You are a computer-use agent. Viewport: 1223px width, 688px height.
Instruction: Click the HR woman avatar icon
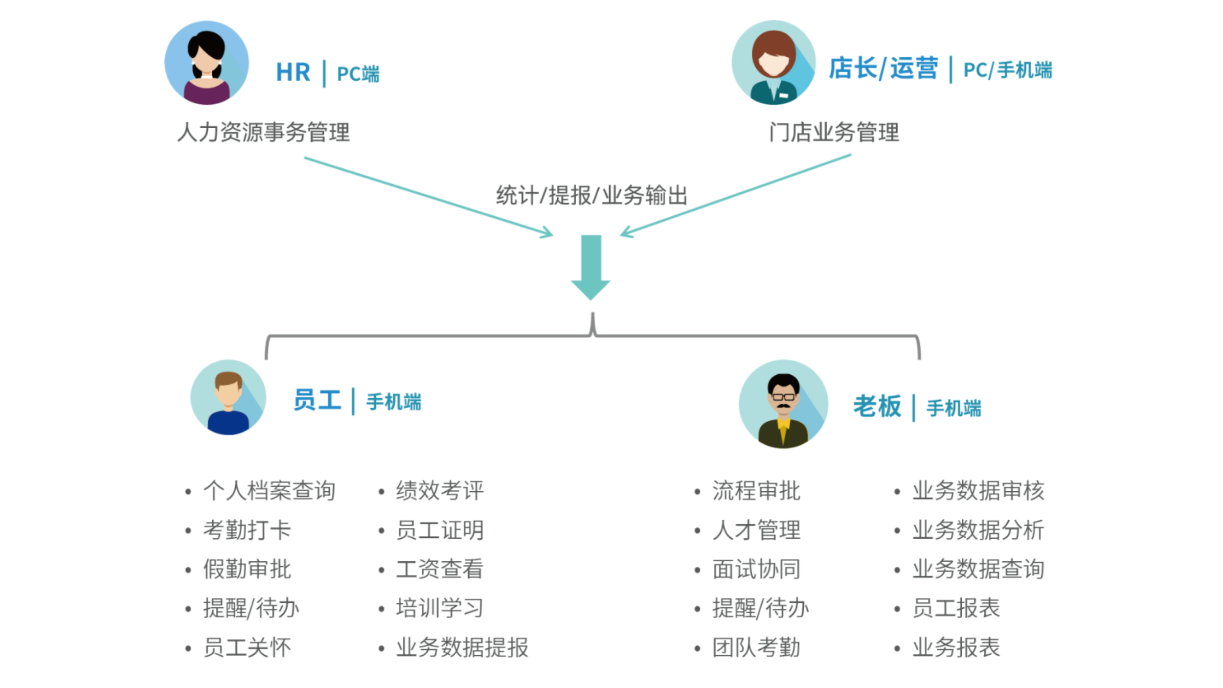coord(206,63)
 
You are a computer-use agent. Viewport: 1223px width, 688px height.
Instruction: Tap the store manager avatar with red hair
coord(773,62)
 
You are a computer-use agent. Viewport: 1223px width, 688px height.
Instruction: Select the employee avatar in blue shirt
coord(228,397)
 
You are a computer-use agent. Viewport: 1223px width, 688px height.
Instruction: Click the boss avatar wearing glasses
coord(783,404)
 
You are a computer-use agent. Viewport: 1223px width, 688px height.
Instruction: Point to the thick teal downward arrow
coord(591,267)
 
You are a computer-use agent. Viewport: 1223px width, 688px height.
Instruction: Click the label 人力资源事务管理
coord(263,132)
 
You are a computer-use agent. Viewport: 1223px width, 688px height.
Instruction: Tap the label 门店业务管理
coord(834,132)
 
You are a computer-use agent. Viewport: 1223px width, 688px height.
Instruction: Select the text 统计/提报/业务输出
coord(592,195)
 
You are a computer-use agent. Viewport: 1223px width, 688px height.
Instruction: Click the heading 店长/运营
coord(883,68)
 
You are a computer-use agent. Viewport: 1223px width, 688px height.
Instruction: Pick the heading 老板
coord(877,406)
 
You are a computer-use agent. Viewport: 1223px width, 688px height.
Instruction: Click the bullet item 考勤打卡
coord(247,530)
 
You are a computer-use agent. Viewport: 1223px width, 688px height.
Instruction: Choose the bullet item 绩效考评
coord(439,491)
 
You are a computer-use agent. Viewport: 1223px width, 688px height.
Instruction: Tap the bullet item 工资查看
coord(439,569)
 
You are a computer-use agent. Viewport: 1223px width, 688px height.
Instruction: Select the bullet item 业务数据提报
coord(462,647)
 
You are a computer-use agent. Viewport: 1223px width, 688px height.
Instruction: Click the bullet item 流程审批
coord(756,491)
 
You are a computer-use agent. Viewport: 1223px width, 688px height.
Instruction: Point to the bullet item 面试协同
coord(756,569)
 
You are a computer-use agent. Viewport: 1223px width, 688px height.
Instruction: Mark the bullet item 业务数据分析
coord(978,530)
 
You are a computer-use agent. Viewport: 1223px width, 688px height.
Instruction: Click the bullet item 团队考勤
coord(756,647)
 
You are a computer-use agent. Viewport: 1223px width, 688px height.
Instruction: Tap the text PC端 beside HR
coord(358,74)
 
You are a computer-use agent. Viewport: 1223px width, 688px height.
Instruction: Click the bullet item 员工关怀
coord(247,647)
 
